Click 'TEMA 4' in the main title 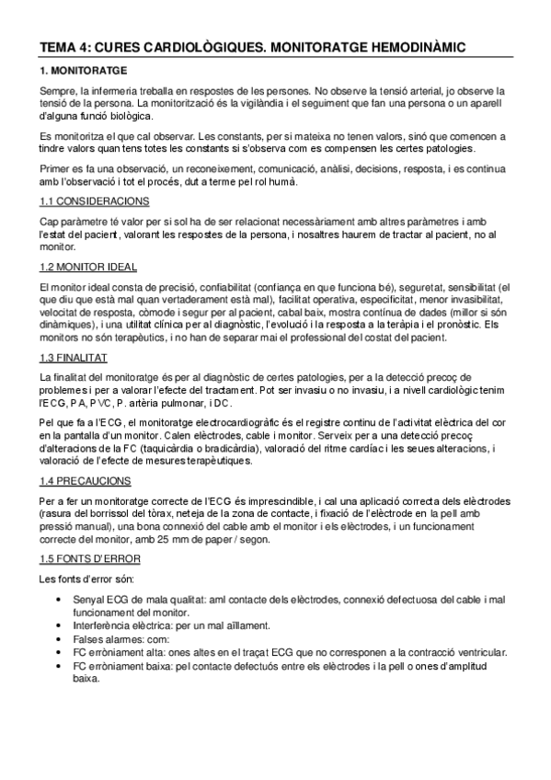(63, 45)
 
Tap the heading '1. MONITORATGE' (84, 70)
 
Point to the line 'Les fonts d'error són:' (86, 579)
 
